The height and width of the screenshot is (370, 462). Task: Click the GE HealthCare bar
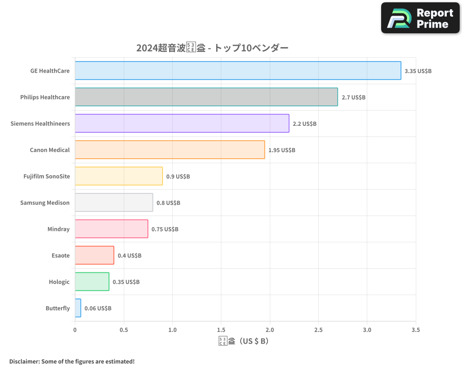(x=238, y=71)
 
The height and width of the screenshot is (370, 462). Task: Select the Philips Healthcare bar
(x=206, y=97)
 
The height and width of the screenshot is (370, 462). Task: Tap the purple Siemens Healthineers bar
(x=182, y=123)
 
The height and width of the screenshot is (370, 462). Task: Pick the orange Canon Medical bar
(x=170, y=150)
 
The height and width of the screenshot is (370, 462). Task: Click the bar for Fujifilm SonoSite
(x=119, y=176)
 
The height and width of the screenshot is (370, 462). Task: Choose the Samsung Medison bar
(x=114, y=203)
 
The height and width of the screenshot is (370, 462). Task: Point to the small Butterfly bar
(x=78, y=308)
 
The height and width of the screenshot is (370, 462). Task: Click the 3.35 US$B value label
(x=418, y=71)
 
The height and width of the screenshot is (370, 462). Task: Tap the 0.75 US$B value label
(x=165, y=229)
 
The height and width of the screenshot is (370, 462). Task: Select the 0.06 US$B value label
(x=98, y=308)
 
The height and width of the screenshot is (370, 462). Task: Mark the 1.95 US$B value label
(x=282, y=150)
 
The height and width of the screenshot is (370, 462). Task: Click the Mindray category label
(x=58, y=229)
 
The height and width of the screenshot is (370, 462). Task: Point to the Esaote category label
(x=61, y=255)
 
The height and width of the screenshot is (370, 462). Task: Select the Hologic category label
(x=59, y=282)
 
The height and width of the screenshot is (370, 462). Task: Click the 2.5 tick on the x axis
(x=318, y=330)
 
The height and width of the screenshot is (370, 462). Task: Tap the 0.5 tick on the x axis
(x=123, y=330)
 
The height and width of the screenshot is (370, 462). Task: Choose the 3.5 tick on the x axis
(x=415, y=330)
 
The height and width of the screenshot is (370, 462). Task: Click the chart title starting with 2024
(x=212, y=48)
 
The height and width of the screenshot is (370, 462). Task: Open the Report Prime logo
(x=420, y=18)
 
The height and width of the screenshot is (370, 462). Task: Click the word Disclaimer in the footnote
(x=24, y=361)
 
